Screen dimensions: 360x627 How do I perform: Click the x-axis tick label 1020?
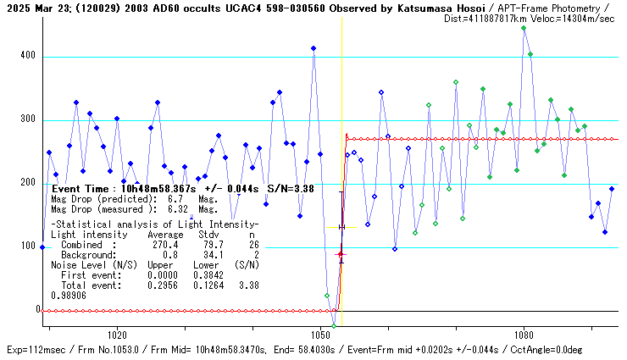pos(117,335)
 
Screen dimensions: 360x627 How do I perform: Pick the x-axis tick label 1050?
pos(320,335)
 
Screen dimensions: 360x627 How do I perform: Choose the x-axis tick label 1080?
pos(524,335)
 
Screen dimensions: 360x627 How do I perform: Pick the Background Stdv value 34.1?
pos(207,254)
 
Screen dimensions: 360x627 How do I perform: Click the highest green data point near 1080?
pos(524,28)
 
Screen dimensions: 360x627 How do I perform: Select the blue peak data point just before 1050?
pos(313,48)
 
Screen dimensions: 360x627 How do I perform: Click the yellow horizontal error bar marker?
pos(341,227)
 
